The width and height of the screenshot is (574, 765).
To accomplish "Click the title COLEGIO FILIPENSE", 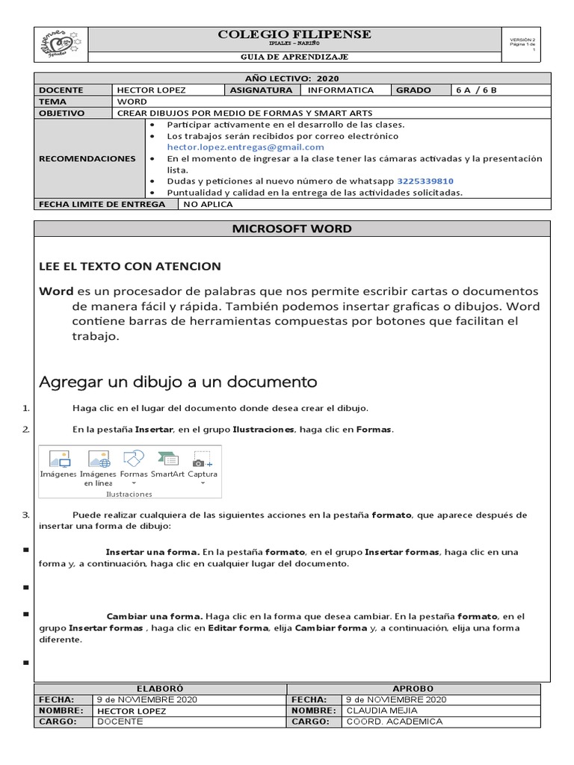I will [294, 35].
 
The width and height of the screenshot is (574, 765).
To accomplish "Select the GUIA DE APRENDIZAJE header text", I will [294, 57].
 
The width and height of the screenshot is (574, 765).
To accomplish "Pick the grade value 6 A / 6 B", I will [476, 90].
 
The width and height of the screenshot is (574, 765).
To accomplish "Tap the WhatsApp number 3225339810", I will [425, 181].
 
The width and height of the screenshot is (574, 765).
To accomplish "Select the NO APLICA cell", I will [208, 204].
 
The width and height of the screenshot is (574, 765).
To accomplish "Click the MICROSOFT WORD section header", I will [292, 229].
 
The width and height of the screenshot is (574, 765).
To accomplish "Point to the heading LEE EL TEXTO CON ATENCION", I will [129, 266].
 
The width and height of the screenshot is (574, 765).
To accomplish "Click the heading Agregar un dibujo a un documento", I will [178, 382].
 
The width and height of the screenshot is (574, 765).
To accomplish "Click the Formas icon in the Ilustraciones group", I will [133, 459].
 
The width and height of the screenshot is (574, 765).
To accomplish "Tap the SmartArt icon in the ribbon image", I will [167, 459].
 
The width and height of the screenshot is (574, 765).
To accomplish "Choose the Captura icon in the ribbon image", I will [202, 459].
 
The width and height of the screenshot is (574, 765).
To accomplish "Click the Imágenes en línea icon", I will [98, 459].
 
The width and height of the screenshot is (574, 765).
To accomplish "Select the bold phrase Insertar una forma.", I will [152, 552].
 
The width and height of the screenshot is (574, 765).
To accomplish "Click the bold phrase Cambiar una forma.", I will [155, 616].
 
